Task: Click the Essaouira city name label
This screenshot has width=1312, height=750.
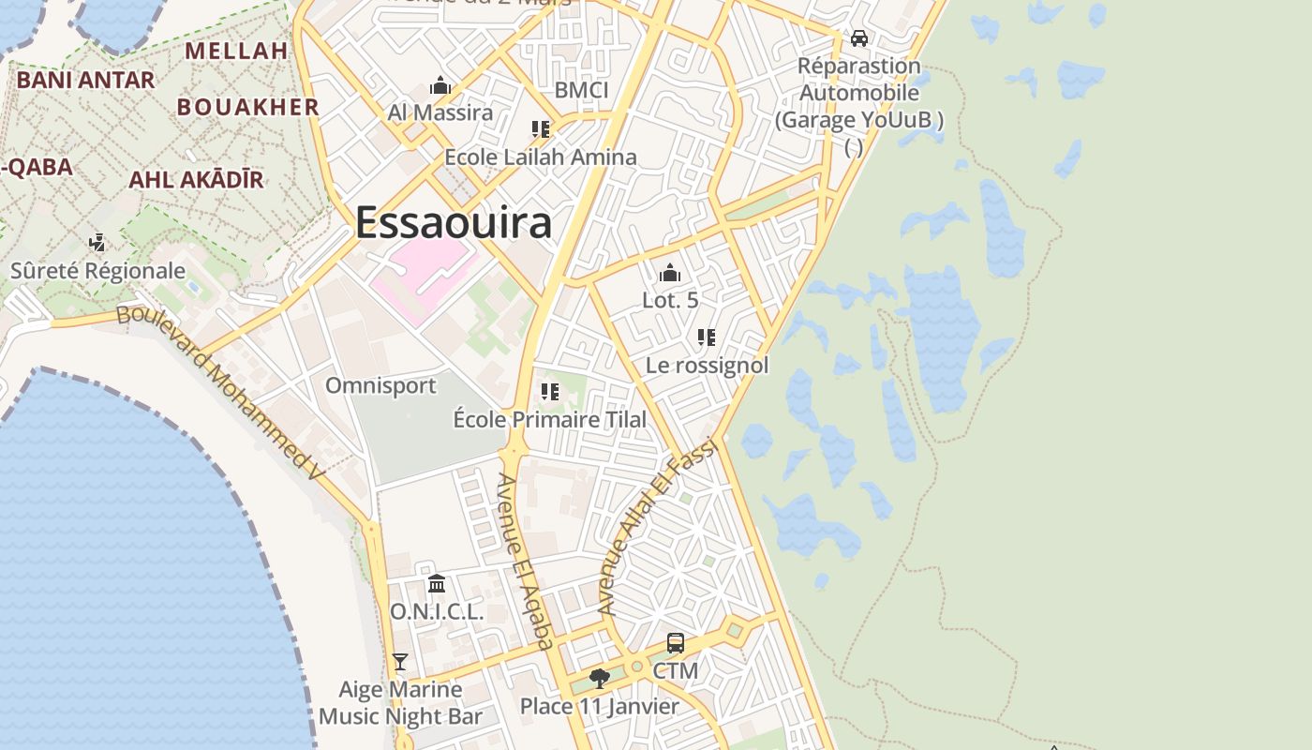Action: pos(453,223)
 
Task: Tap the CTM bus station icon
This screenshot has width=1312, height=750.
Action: pos(675,643)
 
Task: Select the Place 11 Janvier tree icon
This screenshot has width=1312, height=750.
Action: pos(600,678)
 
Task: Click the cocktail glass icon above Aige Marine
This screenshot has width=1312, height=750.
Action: pos(400,662)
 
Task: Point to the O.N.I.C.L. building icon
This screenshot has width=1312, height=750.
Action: pos(437,584)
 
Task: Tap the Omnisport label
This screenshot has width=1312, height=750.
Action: pos(380,385)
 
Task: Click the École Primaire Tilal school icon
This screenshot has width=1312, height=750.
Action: pos(549,392)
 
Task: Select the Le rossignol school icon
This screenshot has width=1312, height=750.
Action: pos(707,337)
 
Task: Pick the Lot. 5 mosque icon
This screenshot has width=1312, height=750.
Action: pos(670,273)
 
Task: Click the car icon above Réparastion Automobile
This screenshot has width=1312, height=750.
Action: pos(858,38)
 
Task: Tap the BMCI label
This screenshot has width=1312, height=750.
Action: pos(581,90)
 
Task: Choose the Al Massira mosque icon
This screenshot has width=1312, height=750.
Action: pos(440,86)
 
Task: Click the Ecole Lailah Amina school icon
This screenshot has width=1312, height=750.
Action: pos(540,129)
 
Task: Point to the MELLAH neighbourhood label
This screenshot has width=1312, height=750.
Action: pos(236,51)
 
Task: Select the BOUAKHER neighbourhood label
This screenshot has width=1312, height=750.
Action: pos(248,107)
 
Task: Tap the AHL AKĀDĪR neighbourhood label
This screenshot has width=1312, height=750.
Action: pos(196,179)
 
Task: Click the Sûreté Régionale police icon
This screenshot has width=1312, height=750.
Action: pos(97,243)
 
